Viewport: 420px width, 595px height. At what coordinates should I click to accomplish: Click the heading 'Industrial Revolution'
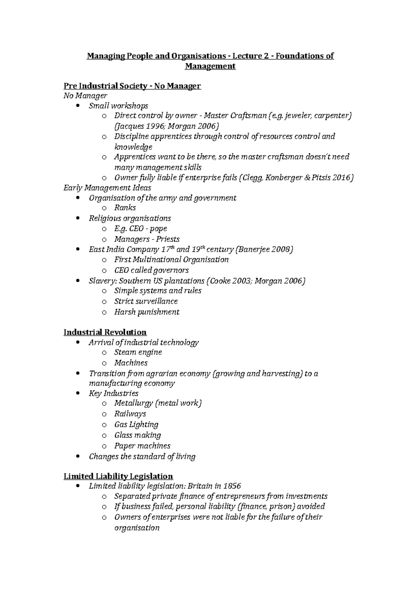point(105,332)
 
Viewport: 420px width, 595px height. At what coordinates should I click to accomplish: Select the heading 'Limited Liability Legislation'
point(118,476)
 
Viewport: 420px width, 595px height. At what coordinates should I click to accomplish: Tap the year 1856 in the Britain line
point(232,486)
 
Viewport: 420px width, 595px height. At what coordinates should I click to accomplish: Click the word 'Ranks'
point(125,208)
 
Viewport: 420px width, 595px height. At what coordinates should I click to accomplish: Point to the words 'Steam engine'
point(138,352)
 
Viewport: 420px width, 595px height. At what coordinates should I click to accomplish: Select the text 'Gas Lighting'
point(136,425)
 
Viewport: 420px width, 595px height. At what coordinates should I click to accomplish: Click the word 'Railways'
point(130,414)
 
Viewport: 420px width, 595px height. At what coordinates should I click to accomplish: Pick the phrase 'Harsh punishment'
point(147,312)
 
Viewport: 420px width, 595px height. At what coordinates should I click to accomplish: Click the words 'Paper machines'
point(142,446)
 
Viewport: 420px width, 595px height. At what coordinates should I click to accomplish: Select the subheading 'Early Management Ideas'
point(107,188)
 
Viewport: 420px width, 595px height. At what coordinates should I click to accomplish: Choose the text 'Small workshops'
point(118,106)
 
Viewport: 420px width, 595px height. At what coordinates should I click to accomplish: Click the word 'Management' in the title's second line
point(210,66)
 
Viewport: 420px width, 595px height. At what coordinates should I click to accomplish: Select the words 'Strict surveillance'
point(146,301)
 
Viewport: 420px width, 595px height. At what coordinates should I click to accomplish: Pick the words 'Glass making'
point(138,435)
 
